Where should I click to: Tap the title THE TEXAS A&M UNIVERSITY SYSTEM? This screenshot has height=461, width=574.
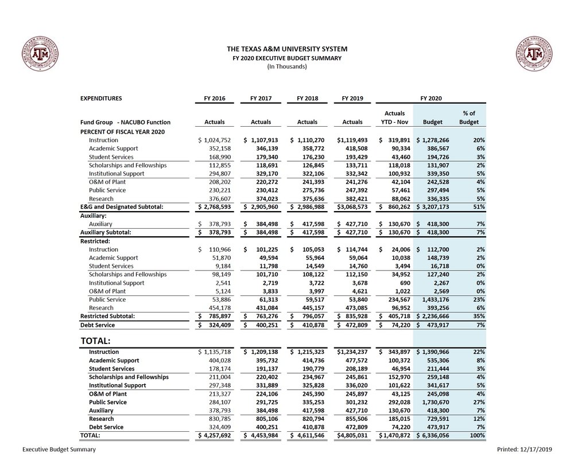click(x=287, y=49)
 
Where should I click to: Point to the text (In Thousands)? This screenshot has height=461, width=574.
click(x=287, y=67)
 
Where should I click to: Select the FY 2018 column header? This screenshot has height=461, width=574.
click(x=307, y=99)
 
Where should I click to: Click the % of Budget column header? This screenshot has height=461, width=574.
click(x=468, y=118)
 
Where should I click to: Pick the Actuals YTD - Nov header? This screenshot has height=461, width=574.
click(x=394, y=118)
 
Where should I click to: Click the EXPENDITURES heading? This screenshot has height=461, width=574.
click(x=101, y=99)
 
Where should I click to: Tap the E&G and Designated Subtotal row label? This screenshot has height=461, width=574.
click(x=122, y=207)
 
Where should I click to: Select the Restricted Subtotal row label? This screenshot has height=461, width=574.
click(x=107, y=316)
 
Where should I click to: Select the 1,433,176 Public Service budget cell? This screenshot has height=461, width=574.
click(x=436, y=299)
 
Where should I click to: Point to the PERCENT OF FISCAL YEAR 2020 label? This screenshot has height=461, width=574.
click(x=119, y=131)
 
